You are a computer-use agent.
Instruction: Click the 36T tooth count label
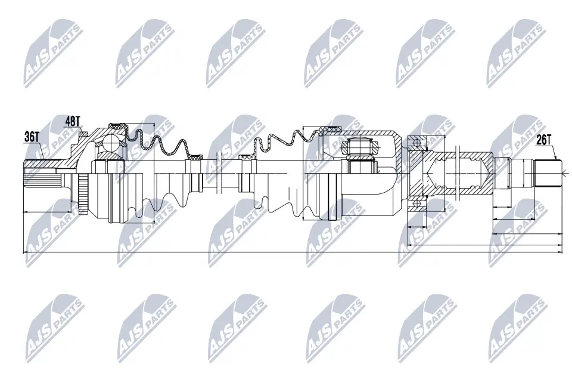click(32, 137)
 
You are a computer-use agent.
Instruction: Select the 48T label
click(73, 121)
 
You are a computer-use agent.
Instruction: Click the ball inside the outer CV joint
click(111, 143)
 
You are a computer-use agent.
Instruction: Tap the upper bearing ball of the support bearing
click(417, 141)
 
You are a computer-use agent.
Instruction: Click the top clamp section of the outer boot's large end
click(117, 125)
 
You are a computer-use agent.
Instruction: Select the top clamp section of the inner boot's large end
click(329, 129)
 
